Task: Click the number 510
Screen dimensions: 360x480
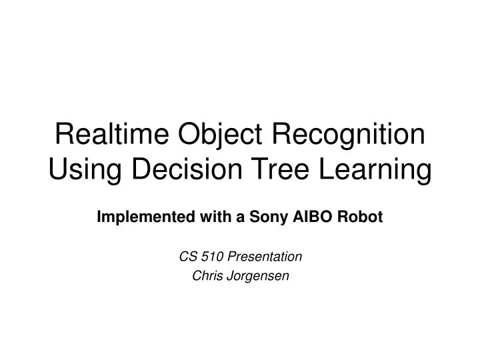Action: pos(209,256)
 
